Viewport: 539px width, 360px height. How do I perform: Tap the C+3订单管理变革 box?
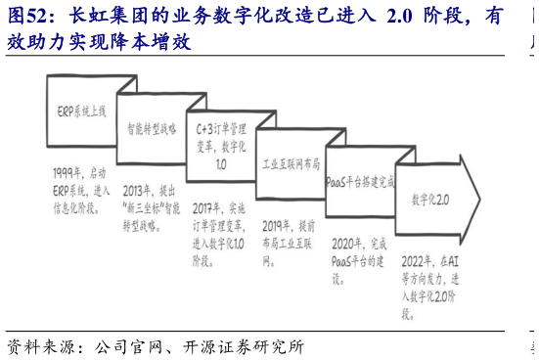click(x=221, y=147)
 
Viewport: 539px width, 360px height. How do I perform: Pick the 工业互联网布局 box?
click(x=291, y=164)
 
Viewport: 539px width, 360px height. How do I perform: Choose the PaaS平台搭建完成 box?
click(x=359, y=182)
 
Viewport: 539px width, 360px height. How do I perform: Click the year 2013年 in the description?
click(x=137, y=190)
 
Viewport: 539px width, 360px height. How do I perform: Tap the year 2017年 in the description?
click(x=207, y=207)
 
